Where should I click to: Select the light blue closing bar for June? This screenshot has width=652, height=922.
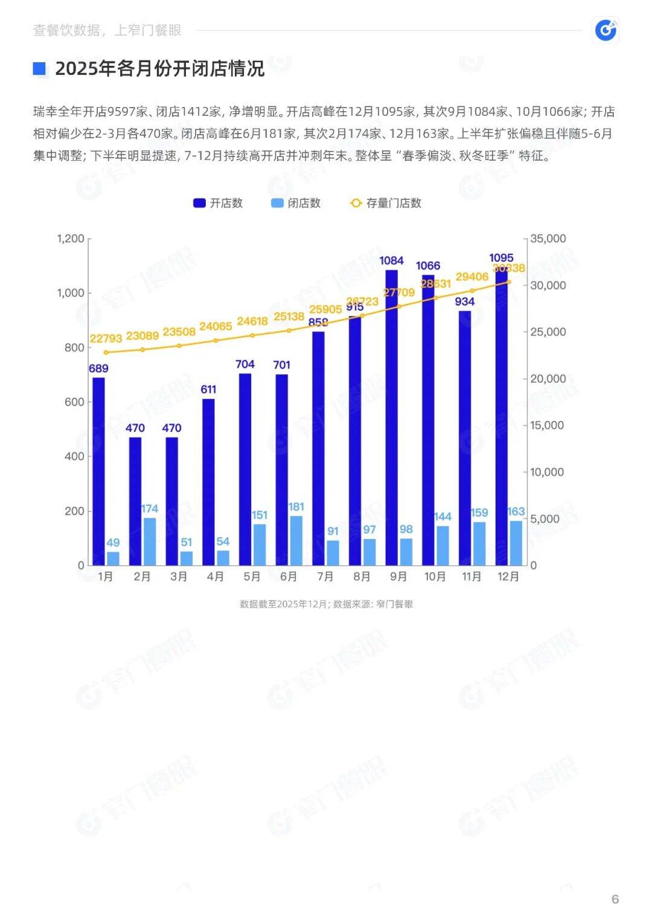point(296,541)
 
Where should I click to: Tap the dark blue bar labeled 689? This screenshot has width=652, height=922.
point(98,471)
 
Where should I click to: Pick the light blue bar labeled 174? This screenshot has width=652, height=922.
point(150,541)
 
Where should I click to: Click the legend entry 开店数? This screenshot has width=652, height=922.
point(218,203)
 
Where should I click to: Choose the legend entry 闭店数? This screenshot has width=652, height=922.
point(296,203)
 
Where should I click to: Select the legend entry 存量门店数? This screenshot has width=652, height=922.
point(386,203)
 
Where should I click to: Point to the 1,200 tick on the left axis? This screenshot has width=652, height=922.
point(71,239)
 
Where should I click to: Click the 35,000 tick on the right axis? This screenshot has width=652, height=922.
point(548,239)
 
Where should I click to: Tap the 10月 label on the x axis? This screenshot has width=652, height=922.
point(435,576)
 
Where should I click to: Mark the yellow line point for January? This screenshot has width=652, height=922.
point(106,352)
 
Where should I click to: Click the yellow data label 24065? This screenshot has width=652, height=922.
point(216,326)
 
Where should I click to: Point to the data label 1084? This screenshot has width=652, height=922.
point(391,260)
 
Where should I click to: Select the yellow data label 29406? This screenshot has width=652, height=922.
point(471,277)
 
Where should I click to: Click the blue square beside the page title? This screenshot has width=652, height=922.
point(39,68)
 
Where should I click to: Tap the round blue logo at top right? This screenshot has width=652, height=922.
point(606,30)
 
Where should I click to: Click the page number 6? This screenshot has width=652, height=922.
point(615,899)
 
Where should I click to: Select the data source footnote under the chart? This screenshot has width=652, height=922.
point(326,604)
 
